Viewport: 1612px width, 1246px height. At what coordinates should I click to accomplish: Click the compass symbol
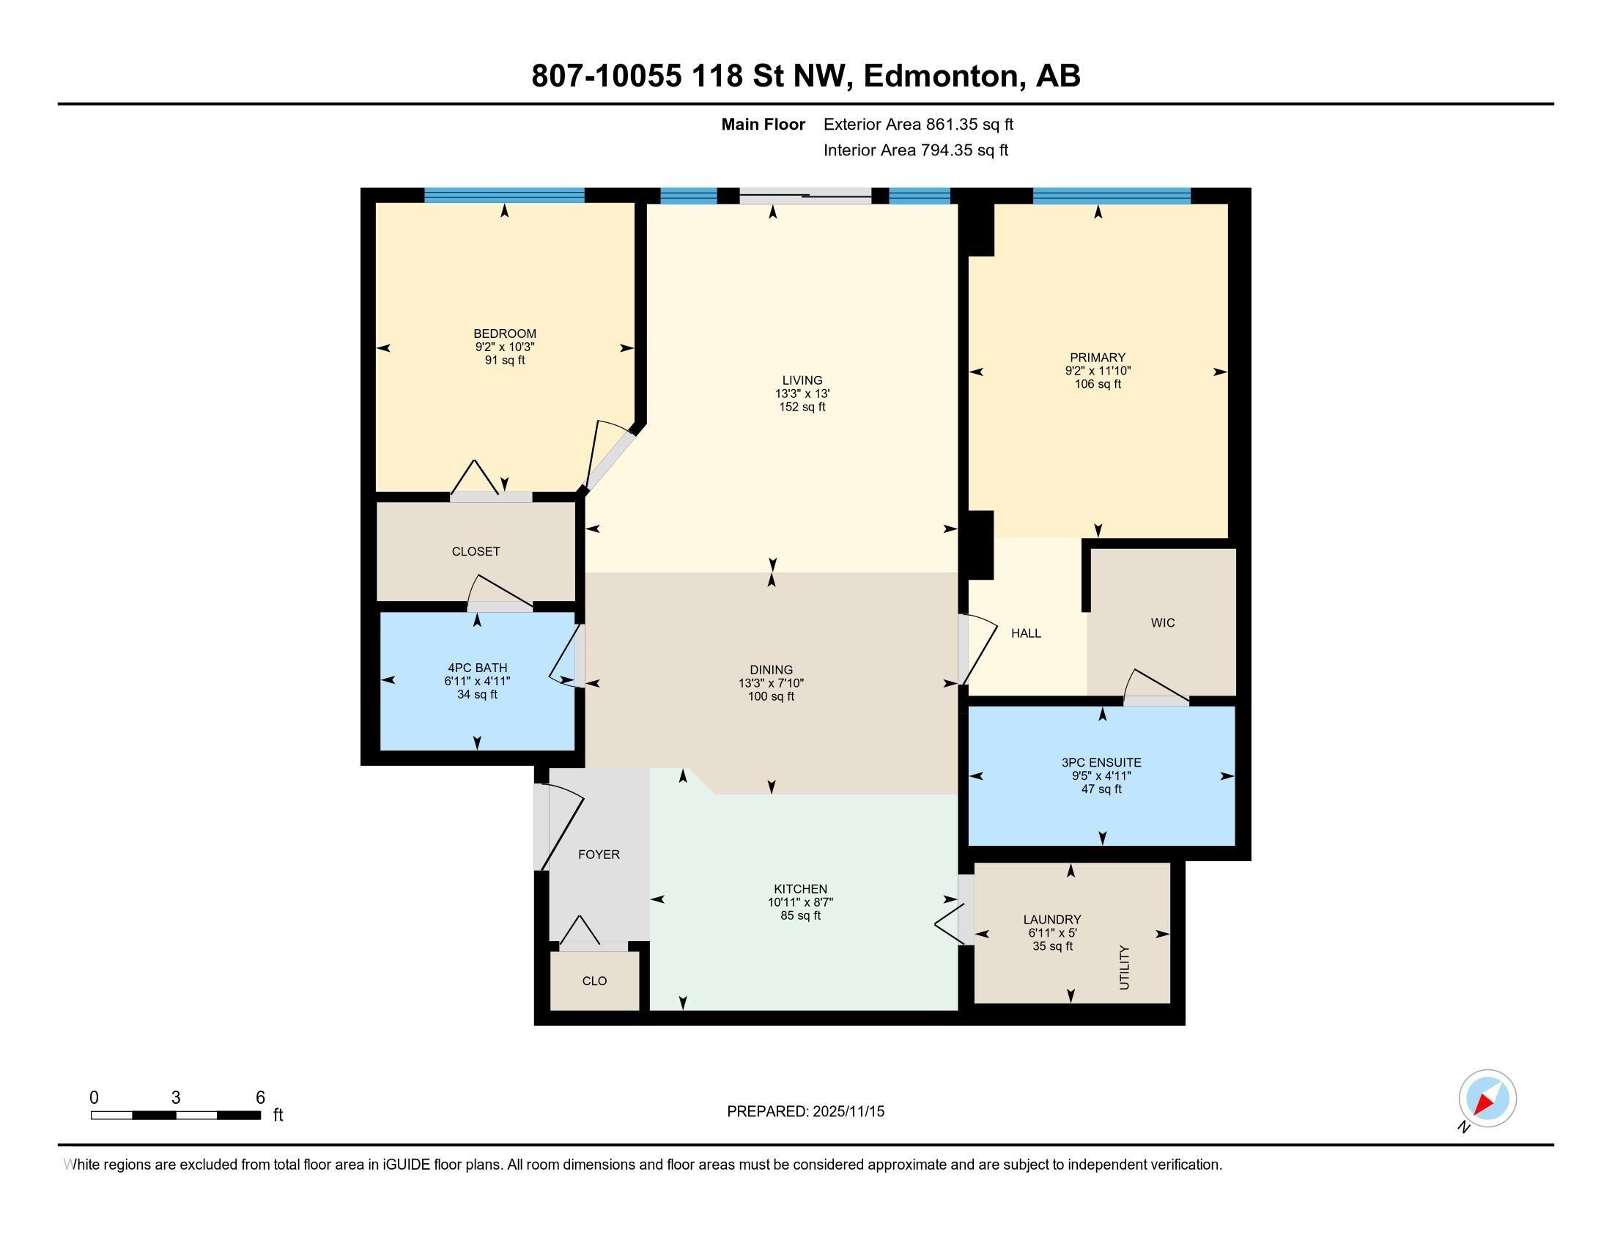tap(1487, 1099)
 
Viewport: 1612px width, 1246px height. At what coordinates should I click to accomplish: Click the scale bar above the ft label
tap(176, 1116)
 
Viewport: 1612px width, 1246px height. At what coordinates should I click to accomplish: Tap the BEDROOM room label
tap(505, 333)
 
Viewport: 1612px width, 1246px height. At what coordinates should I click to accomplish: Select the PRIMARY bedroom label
tap(1098, 358)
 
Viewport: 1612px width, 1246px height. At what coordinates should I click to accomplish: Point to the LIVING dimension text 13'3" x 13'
tap(802, 394)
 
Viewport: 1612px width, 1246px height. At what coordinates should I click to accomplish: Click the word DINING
tap(772, 670)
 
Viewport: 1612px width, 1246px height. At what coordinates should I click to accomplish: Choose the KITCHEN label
tap(800, 889)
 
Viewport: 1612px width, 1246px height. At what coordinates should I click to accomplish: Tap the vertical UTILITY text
tap(1124, 967)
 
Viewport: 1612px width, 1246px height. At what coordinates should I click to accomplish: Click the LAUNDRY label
tap(1051, 920)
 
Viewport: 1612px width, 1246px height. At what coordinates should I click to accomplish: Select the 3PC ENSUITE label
tap(1101, 762)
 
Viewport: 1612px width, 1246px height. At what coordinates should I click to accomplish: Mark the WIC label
tap(1163, 623)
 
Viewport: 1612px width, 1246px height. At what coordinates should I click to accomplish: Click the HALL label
tap(1026, 633)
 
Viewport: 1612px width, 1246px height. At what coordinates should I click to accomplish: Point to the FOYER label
tap(599, 855)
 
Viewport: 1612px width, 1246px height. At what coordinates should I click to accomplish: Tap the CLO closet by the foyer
tap(594, 981)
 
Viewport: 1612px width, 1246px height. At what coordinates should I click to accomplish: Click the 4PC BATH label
tap(477, 668)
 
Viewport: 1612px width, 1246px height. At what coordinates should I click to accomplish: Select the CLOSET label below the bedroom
tap(476, 551)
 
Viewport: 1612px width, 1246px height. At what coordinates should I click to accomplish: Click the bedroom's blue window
tap(504, 196)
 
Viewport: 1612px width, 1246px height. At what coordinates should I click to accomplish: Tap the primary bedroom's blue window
tap(1112, 196)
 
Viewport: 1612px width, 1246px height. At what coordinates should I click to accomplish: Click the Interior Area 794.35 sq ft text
tap(915, 150)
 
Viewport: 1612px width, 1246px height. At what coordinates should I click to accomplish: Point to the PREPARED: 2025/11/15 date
tap(805, 1112)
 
